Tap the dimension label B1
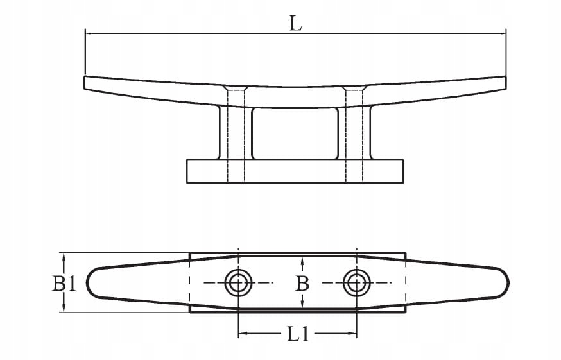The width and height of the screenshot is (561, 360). (64, 283)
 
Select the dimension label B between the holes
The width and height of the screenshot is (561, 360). (302, 283)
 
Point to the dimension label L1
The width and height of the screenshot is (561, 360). (297, 334)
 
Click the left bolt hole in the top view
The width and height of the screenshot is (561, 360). (238, 282)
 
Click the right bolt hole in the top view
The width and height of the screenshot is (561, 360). (356, 282)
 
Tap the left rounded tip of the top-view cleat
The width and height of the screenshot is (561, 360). (91, 282)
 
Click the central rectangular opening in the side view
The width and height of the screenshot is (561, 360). (295, 133)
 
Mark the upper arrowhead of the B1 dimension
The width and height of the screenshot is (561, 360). (64, 256)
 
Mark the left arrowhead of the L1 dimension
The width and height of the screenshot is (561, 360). (242, 334)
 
